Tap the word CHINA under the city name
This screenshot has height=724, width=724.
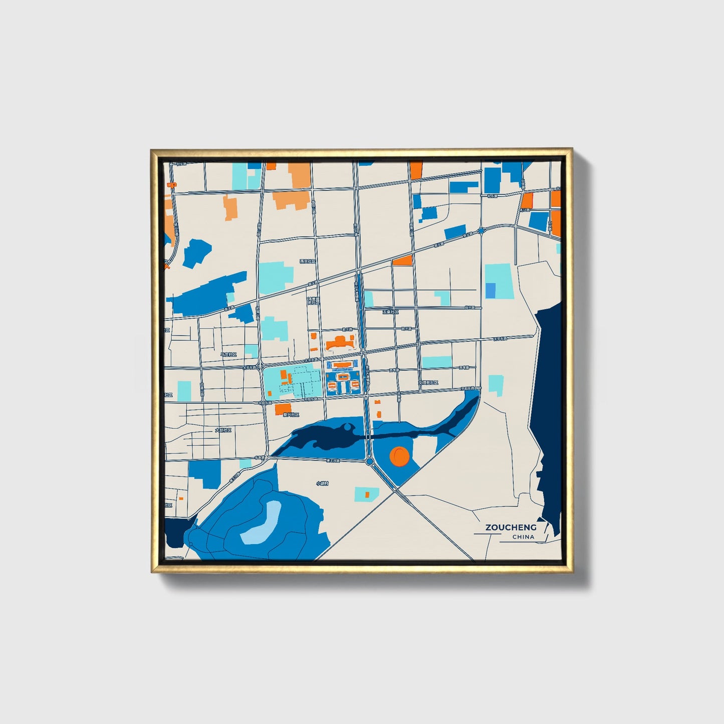click(x=523, y=537)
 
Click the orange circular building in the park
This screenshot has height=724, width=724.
click(x=400, y=456)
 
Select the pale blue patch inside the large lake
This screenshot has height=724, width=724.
click(x=261, y=524)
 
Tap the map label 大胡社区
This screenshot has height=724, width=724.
click(x=223, y=430)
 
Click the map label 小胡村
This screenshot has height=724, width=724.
click(x=322, y=484)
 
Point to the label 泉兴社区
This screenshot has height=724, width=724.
click(x=291, y=415)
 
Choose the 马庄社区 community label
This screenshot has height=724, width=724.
click(x=228, y=354)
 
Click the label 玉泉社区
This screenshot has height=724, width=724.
click(x=390, y=312)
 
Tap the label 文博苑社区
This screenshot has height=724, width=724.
click(x=428, y=383)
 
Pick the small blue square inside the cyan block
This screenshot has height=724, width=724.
click(x=491, y=291)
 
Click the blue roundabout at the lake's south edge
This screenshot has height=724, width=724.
click(x=370, y=461)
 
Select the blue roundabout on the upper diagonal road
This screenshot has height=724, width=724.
click(x=481, y=231)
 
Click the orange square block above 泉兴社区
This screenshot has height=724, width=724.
click(x=283, y=409)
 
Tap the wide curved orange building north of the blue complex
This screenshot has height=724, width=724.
click(x=340, y=344)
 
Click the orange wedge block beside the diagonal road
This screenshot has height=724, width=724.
click(x=403, y=260)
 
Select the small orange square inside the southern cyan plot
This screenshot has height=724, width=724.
click(x=367, y=495)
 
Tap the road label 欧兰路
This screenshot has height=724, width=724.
click(x=406, y=329)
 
